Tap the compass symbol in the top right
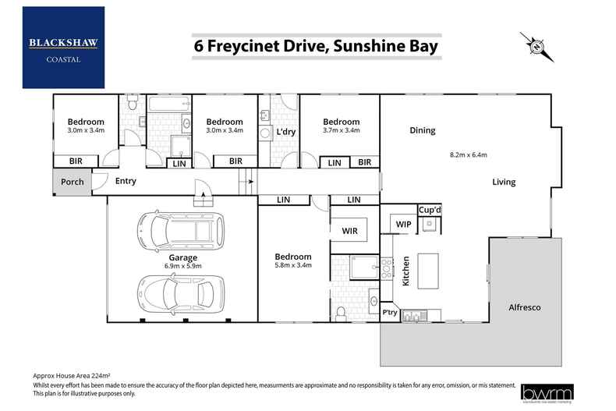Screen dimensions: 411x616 [536, 47]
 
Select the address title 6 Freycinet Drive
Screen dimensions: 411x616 [316, 47]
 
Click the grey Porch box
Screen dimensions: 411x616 [73, 182]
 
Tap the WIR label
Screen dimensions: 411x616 [349, 231]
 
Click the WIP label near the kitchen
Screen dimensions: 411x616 [403, 225]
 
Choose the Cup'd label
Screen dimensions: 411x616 [430, 210]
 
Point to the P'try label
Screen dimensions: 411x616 [390, 313]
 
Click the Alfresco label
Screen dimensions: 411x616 [524, 306]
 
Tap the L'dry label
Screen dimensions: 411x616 [285, 132]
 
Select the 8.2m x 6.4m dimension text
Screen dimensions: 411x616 [469, 155]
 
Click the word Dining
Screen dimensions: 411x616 [422, 130]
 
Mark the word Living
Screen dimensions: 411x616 [503, 182]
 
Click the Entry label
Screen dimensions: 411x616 [125, 181]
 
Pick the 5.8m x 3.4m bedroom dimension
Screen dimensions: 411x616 [292, 266]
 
